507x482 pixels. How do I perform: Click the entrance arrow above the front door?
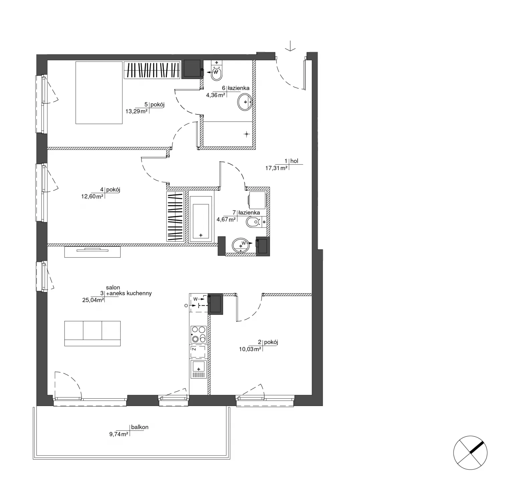coord(291,46)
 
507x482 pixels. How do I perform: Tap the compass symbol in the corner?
coord(470,453)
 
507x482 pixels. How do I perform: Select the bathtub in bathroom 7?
coord(201,219)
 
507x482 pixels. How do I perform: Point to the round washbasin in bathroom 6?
coord(245,102)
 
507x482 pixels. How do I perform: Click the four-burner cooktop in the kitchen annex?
coord(199,334)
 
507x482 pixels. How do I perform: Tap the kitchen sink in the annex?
coord(199,369)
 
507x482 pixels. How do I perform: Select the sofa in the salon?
coord(92,333)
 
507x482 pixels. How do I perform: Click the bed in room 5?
coord(99,93)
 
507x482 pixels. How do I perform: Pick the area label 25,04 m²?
coord(93,300)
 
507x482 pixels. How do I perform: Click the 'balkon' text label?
coord(140,427)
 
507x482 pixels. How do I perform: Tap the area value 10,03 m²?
coord(250,349)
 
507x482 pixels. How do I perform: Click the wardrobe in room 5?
coord(152,70)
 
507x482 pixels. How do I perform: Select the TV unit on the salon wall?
coord(92,251)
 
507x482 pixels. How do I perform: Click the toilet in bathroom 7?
coord(254,222)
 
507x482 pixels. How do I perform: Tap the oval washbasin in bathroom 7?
coord(241,245)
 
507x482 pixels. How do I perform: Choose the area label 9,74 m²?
coord(119,434)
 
